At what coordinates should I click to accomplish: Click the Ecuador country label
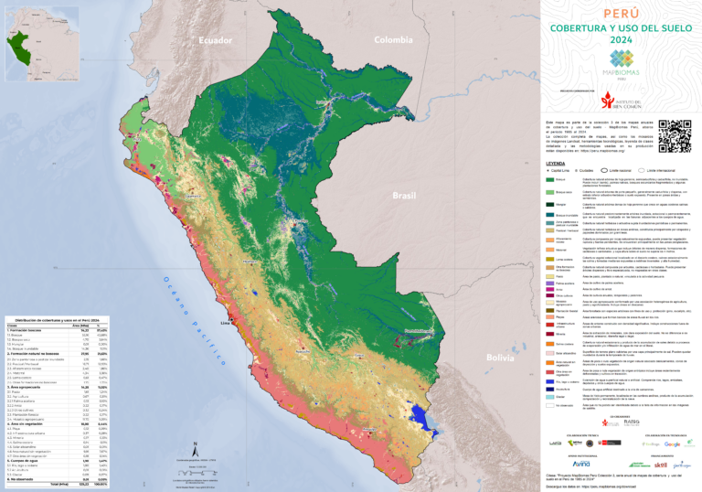[x=217, y=40]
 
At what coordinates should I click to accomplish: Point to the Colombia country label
[x=393, y=39]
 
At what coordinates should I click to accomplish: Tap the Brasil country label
[x=403, y=196]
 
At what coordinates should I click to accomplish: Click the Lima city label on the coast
[x=225, y=323]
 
